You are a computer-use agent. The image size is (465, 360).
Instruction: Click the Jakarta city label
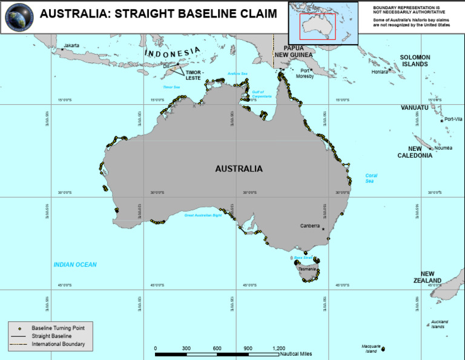click(71, 45)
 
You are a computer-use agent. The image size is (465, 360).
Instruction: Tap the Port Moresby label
click(305, 73)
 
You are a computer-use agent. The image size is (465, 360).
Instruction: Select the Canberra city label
click(310, 225)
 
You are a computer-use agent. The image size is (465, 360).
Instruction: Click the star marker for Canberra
click(324, 229)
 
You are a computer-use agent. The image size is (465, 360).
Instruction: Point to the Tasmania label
click(307, 268)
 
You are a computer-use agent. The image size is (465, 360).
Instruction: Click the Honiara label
click(380, 72)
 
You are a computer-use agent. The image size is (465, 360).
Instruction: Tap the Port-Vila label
click(453, 119)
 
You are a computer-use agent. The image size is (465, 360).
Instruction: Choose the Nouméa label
click(443, 148)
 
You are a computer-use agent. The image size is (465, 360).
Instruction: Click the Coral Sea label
click(371, 179)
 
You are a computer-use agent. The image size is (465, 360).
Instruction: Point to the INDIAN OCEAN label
click(75, 265)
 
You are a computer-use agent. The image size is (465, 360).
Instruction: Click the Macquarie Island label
click(370, 348)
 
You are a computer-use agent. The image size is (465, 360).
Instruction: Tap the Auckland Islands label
click(439, 324)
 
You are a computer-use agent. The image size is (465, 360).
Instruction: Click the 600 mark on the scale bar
click(217, 348)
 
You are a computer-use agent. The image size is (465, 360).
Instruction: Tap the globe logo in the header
click(19, 16)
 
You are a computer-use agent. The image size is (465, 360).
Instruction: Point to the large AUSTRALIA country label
click(239, 169)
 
